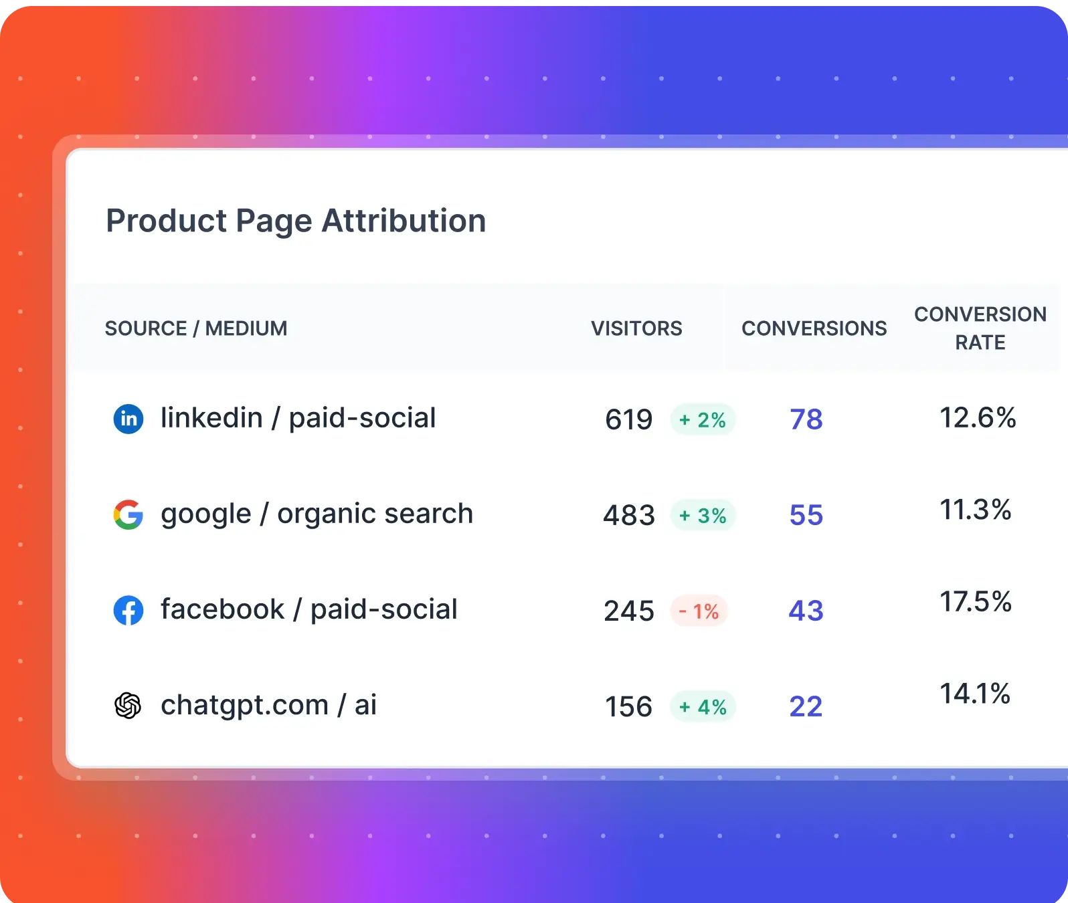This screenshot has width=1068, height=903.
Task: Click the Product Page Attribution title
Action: point(296,221)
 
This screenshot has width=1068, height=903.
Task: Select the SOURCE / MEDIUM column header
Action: point(195,328)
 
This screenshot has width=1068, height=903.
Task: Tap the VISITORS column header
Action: point(636,328)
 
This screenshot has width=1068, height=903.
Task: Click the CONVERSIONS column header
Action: point(814,328)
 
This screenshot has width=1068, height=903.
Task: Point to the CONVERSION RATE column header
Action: point(980,328)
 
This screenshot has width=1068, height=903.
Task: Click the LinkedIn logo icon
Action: point(128,419)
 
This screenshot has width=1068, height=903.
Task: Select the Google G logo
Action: point(128,515)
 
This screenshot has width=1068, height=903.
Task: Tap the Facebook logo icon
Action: point(128,611)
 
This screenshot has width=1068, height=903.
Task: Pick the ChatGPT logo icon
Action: point(128,706)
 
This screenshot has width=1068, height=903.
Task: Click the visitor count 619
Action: point(628,420)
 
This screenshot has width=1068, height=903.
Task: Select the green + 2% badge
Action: point(703,420)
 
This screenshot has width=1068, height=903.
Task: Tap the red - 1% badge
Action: point(699,611)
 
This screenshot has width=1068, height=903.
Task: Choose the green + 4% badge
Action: point(703,707)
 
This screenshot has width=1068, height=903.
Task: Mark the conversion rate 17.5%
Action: point(976,602)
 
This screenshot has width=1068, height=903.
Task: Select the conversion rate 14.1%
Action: point(975,694)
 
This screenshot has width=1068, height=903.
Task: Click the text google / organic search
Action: point(317,514)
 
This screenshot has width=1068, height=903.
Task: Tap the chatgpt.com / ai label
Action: point(268,706)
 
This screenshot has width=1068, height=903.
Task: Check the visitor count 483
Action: point(628,516)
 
